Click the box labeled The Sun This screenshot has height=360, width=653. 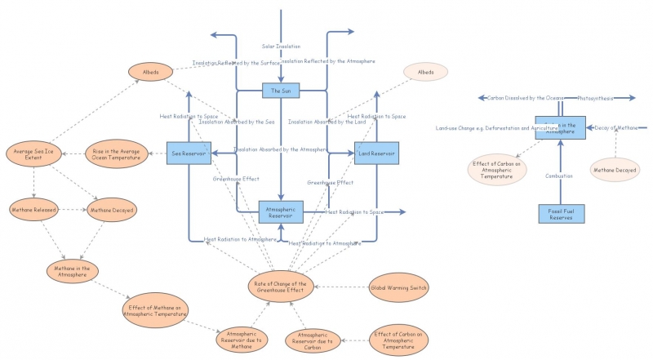[x=281, y=90]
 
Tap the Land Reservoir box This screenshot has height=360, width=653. [x=376, y=153]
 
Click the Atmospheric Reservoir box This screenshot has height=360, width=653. [x=281, y=212]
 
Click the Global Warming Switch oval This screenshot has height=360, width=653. [x=398, y=287]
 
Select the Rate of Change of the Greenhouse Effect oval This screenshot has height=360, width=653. [x=280, y=287]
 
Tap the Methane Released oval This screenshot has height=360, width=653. [x=34, y=210]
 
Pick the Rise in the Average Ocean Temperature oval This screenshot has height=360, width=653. [x=113, y=153]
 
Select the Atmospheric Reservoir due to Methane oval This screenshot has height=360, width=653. [x=242, y=338]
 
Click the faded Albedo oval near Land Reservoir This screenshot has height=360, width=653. [x=425, y=73]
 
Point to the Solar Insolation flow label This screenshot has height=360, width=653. [x=281, y=47]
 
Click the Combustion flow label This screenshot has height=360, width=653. [x=559, y=176]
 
